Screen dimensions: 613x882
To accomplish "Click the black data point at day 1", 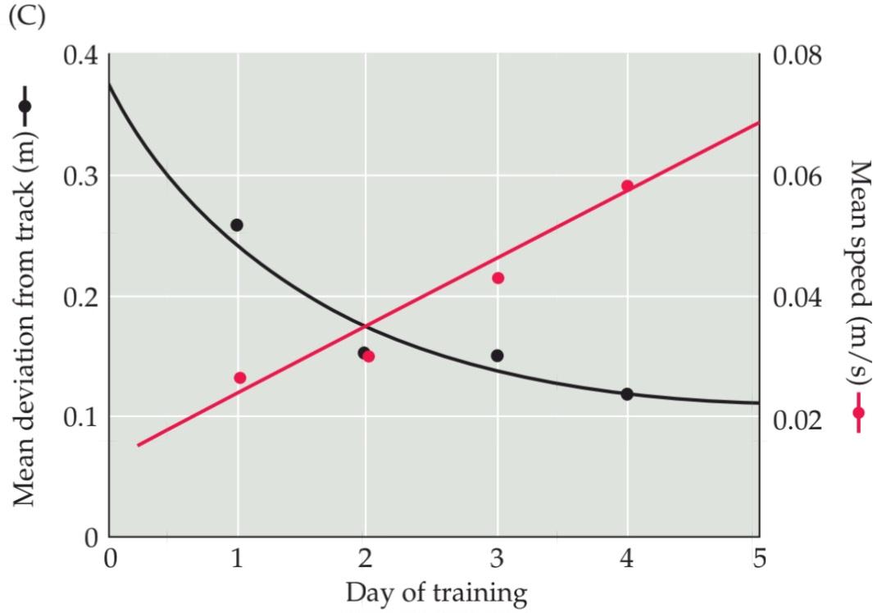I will coord(237,225).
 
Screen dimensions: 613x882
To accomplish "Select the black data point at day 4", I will coord(627,394).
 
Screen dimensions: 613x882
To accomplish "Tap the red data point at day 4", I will coord(627,186).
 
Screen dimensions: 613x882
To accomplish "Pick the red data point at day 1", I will coord(240,378).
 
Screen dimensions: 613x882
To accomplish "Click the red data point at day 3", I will coord(498,278).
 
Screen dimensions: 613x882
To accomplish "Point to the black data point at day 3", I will coord(498,356).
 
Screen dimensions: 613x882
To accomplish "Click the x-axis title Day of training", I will coord(435,592).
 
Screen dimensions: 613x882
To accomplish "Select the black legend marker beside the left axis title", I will coord(25,107).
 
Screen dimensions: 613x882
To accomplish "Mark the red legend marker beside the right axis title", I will coord(858,412).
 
